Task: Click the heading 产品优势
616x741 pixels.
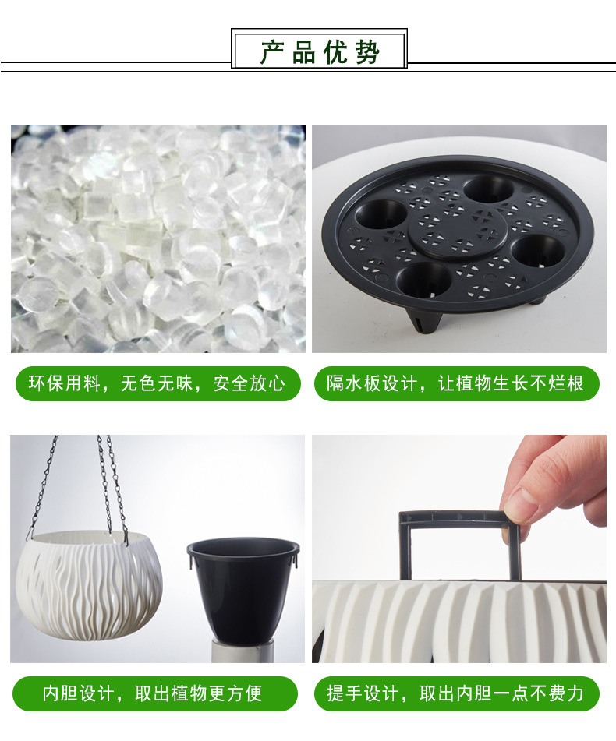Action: click(x=319, y=51)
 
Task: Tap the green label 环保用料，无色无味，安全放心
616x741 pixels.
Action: click(x=158, y=383)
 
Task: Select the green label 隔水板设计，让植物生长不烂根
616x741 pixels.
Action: click(x=456, y=383)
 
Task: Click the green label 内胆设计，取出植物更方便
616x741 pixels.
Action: click(x=155, y=693)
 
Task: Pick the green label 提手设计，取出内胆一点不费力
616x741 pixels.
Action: click(x=456, y=693)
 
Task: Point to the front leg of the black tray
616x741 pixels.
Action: click(x=424, y=323)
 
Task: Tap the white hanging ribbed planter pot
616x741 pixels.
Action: click(x=89, y=587)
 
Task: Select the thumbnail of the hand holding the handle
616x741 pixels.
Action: click(x=459, y=549)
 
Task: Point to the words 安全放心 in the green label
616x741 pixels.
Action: click(x=250, y=383)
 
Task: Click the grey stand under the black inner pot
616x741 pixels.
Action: click(x=241, y=651)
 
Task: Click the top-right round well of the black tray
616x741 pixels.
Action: click(x=488, y=190)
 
